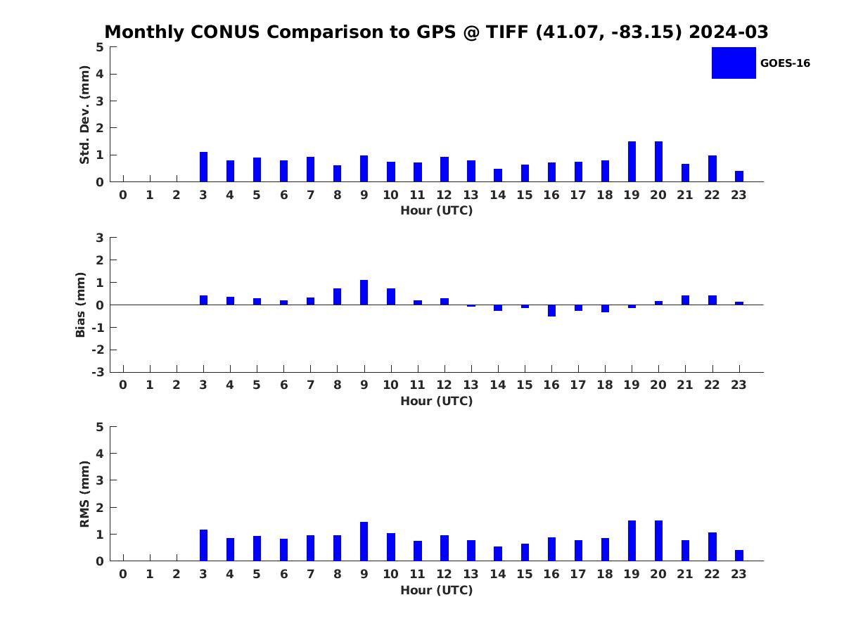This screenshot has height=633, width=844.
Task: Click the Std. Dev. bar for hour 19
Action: pos(632,162)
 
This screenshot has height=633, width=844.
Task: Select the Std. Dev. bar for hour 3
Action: pos(203,167)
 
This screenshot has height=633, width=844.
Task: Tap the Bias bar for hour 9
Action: pos(364,293)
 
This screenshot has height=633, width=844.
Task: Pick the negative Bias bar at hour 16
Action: pos(552,311)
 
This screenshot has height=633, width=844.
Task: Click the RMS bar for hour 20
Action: pos(658,541)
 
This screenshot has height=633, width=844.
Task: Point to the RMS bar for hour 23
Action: pos(739,556)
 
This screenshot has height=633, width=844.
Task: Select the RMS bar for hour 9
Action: pos(364,542)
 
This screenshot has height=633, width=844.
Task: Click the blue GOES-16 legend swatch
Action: pos(734,63)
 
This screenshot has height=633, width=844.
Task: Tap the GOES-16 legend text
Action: pos(785,63)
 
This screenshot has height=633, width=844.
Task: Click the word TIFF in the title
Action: pos(507,32)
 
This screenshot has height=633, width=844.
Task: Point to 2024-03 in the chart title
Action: pos(729,32)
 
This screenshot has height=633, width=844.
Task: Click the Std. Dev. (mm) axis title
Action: pos(84,115)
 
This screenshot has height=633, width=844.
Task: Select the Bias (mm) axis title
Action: pos(80,305)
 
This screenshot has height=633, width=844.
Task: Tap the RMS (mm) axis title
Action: pos(84,494)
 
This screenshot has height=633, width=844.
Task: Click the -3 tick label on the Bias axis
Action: pos(98,372)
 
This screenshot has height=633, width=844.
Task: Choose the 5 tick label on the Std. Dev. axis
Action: pos(100,47)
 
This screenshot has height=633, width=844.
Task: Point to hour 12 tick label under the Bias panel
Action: pos(444,385)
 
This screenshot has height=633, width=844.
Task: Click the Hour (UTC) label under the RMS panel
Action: pos(437,590)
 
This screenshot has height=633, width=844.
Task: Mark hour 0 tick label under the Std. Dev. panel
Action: pos(123,195)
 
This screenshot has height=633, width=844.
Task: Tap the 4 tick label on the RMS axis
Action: pos(100,454)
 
